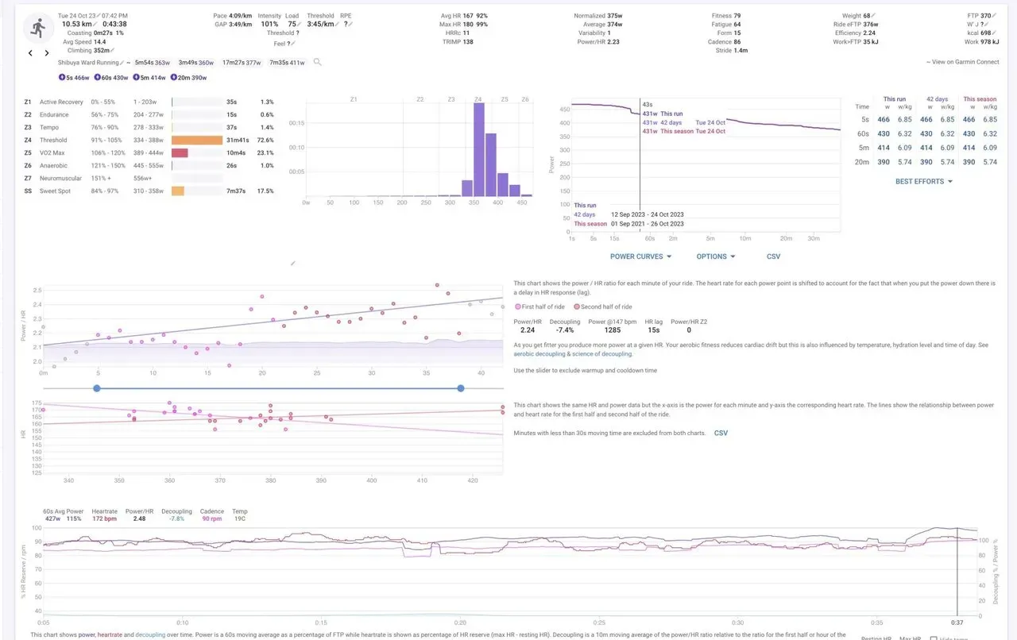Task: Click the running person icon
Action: tap(37, 28)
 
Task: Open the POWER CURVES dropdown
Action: tap(640, 256)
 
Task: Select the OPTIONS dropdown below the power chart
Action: tap(715, 256)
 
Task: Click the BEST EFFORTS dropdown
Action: tap(923, 181)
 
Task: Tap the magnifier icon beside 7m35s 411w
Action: tap(318, 62)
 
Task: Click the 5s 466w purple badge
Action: tap(74, 77)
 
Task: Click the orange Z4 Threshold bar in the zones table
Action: tap(197, 140)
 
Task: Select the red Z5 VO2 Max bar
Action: tap(180, 152)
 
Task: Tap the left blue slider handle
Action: tap(97, 388)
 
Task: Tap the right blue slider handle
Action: tap(461, 388)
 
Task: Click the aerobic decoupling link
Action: tap(543, 354)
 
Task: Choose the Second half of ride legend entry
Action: tap(605, 307)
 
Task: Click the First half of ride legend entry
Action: tap(542, 307)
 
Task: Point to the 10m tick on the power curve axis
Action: tap(744, 238)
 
